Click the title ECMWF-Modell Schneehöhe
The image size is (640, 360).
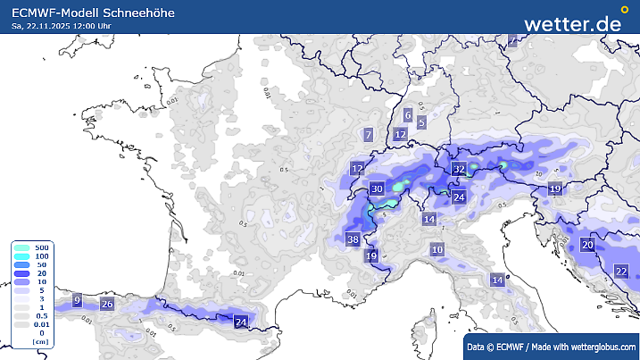93,13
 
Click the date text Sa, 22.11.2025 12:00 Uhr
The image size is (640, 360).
62,26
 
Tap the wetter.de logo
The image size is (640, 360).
572,23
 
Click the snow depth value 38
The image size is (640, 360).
353,239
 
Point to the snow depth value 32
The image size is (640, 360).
459,169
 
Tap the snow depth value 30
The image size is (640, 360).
378,188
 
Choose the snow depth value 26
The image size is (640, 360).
107,305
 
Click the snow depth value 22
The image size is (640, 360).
621,271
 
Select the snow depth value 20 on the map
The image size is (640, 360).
587,245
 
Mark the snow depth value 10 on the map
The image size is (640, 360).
437,250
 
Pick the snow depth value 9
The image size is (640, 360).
77,300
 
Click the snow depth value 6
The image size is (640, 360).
408,115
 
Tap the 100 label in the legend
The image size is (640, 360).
41,256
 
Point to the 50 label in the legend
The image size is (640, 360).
41,265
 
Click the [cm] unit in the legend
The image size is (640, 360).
40,342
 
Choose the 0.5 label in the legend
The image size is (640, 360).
41,315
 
